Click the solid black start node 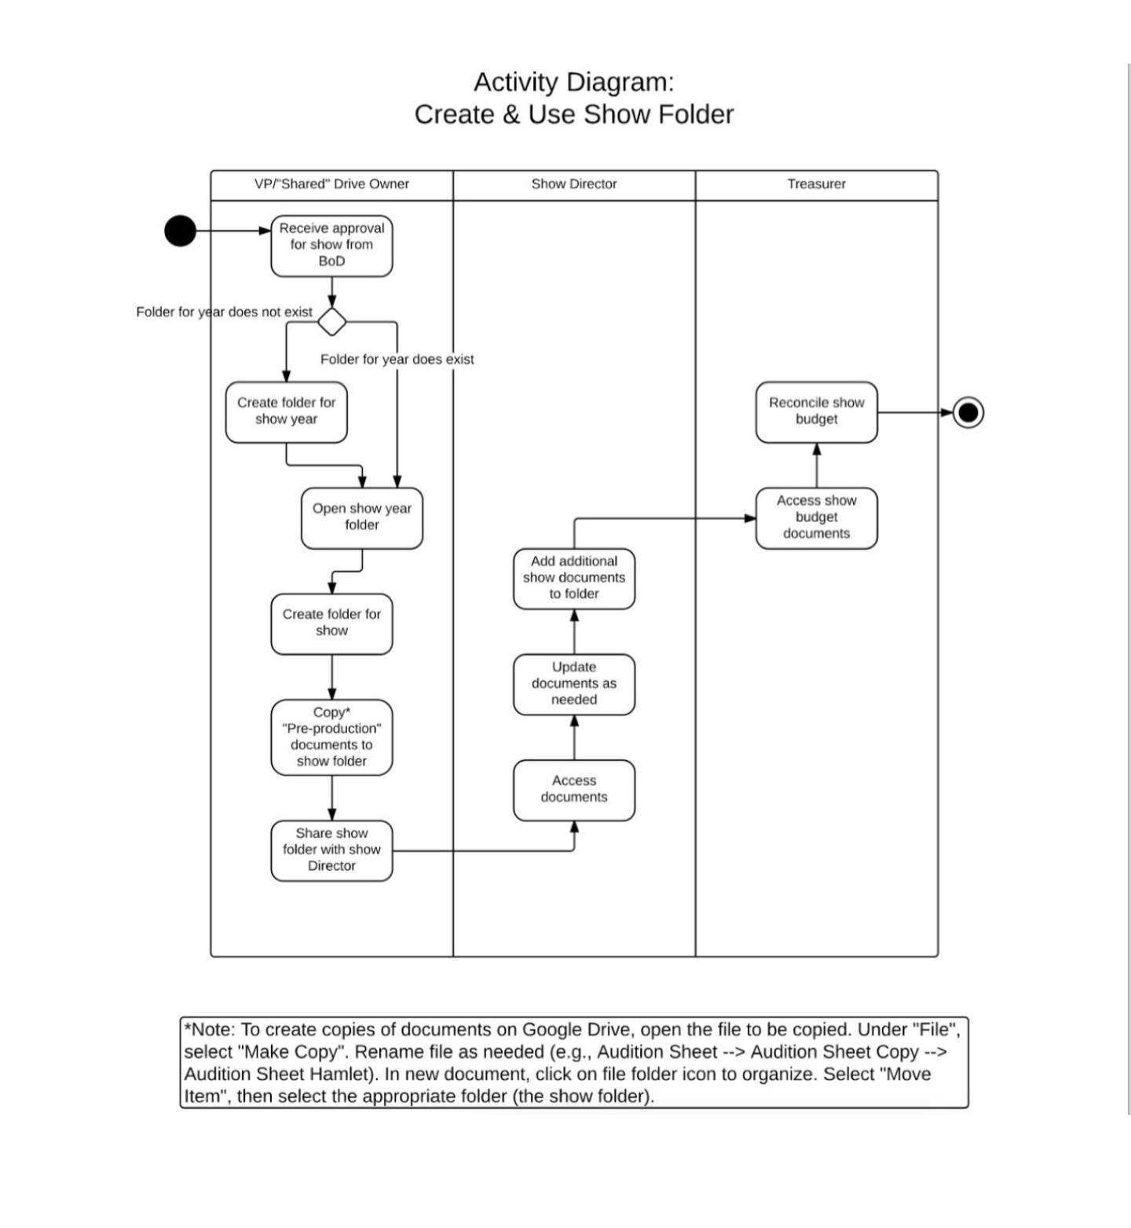(x=180, y=231)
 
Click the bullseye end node (x=968, y=412)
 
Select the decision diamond (x=331, y=322)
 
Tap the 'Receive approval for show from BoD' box (x=331, y=246)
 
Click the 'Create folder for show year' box (x=286, y=412)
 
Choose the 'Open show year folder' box (x=362, y=518)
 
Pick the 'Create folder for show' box (x=331, y=624)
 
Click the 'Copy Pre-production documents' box (x=331, y=737)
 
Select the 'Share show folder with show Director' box (x=331, y=851)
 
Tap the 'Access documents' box (x=574, y=790)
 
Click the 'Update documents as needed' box (x=574, y=685)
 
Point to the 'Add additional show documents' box (x=574, y=579)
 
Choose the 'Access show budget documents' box (x=817, y=518)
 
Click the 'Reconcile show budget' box (x=817, y=412)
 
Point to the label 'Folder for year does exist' (x=397, y=360)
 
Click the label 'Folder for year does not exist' (x=225, y=312)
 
